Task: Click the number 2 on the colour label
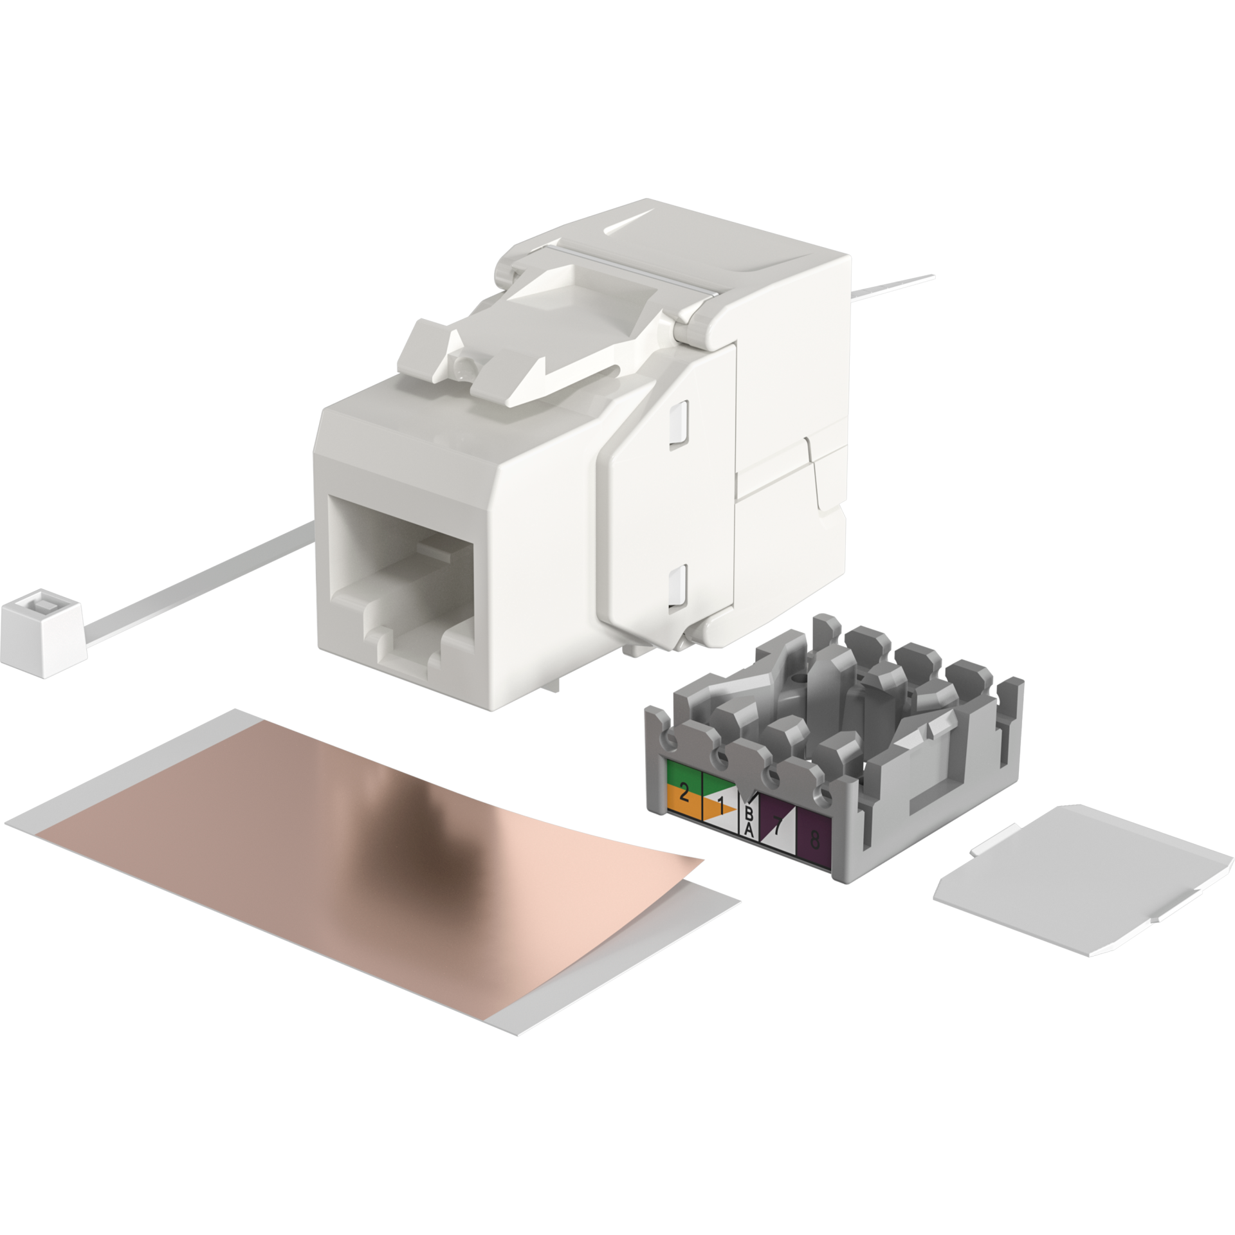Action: pos(684,792)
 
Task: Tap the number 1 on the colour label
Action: pos(721,805)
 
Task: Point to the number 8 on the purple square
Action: pos(815,839)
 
